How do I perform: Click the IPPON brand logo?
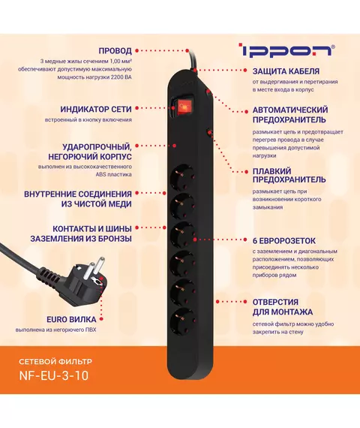[287, 50]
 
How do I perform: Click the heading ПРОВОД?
[115, 51]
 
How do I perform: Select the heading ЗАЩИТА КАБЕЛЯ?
[286, 71]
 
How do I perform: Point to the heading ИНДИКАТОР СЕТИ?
[96, 109]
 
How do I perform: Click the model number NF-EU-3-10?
[54, 375]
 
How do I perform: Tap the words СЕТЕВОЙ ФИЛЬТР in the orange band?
[55, 362]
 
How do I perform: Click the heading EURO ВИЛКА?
[71, 319]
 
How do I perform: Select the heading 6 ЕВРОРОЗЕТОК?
[284, 241]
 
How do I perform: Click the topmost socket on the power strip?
[182, 177]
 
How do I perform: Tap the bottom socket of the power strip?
[182, 320]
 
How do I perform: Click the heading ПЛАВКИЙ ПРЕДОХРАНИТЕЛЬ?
[289, 175]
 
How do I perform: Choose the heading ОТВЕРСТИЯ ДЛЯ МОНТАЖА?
[283, 307]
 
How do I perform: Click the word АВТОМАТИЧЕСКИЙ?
[290, 110]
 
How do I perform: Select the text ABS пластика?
[113, 174]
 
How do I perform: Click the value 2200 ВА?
[121, 77]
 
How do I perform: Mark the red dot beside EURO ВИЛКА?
[101, 319]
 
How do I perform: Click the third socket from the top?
[182, 235]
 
